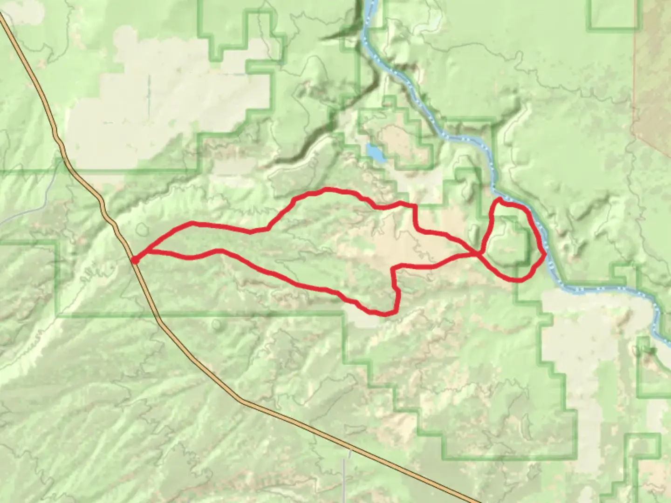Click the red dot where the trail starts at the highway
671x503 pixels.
pyautogui.click(x=135, y=260)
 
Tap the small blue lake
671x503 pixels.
pyautogui.click(x=375, y=152)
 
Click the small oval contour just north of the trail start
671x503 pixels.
pyautogui.click(x=142, y=229)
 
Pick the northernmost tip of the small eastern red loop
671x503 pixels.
pyautogui.click(x=500, y=199)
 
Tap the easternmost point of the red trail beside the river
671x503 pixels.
pyautogui.click(x=545, y=254)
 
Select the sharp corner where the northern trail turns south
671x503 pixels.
pyautogui.click(x=414, y=205)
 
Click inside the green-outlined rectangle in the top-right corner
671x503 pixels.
pyautogui.click(x=613, y=14)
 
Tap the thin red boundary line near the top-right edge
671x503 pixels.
pyautogui.click(x=634, y=70)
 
